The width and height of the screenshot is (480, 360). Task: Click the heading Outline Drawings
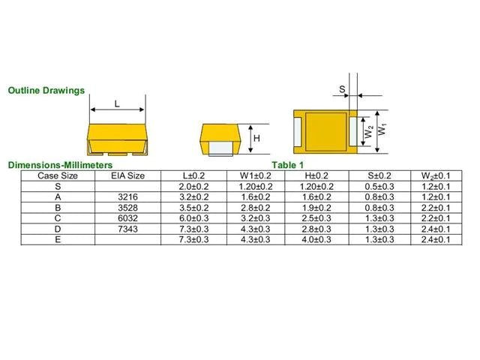[46, 91]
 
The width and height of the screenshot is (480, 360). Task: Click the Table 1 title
[287, 165]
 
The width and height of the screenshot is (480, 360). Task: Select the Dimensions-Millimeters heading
[60, 165]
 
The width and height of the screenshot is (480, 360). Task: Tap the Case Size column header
[58, 175]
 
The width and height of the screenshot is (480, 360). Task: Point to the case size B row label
[58, 208]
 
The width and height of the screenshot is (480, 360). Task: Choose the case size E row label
[58, 239]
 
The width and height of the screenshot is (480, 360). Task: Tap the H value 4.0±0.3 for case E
[316, 239]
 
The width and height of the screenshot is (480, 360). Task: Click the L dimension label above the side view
[117, 104]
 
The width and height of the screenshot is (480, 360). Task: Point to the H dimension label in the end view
[256, 139]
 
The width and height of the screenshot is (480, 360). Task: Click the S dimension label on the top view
[342, 90]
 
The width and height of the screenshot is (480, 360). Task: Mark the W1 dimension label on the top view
[382, 129]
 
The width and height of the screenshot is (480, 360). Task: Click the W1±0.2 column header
[256, 175]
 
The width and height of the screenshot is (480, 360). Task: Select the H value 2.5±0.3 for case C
[316, 218]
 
